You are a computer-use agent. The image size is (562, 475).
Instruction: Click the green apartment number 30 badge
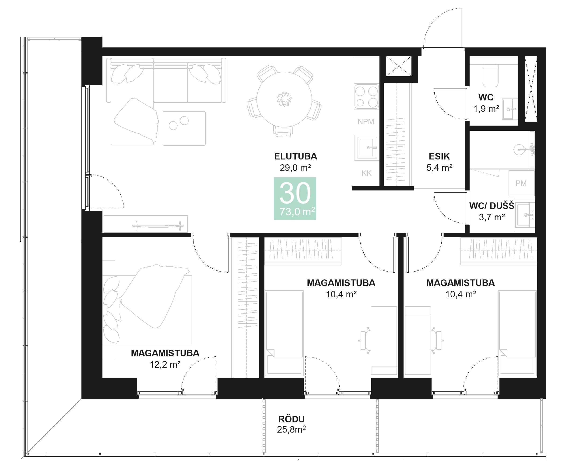click(x=295, y=198)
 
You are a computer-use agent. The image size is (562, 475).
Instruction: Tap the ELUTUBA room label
click(x=295, y=156)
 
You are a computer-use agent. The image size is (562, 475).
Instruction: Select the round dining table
click(x=284, y=99)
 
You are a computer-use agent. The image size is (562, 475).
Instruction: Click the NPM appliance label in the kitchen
click(x=366, y=122)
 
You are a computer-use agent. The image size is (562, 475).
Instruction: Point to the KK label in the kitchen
click(x=366, y=173)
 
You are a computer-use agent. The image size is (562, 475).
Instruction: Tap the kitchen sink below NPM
click(x=366, y=148)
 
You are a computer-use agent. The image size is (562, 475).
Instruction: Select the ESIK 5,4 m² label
click(x=439, y=162)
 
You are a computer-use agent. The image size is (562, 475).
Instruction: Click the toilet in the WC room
click(x=490, y=76)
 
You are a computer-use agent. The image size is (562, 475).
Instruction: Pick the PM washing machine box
click(x=521, y=183)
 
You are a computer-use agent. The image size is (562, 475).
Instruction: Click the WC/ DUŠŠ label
click(x=492, y=206)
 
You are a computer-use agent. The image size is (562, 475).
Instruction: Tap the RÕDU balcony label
click(x=291, y=419)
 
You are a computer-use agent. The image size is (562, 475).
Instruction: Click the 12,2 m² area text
click(x=165, y=365)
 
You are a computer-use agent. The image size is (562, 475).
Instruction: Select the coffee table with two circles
click(x=184, y=128)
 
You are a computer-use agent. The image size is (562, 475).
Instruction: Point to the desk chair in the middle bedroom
click(x=365, y=340)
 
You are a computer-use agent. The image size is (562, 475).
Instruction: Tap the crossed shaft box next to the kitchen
click(x=399, y=66)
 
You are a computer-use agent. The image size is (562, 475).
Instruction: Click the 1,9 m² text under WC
click(x=486, y=109)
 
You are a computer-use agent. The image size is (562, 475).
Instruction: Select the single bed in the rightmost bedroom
click(x=517, y=333)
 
